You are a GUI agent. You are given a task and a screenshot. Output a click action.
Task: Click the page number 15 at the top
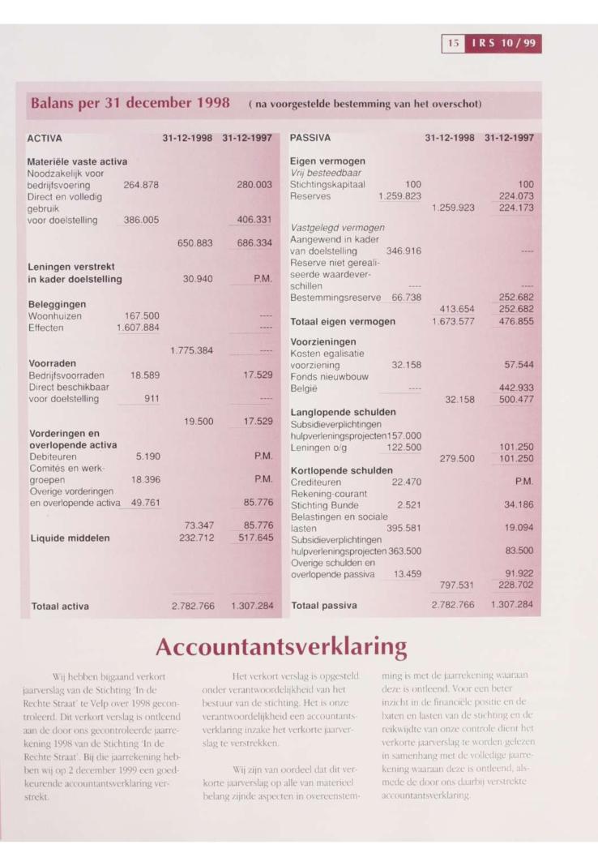tap(452, 42)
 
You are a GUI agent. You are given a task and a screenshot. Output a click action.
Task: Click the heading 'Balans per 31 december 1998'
tap(133, 104)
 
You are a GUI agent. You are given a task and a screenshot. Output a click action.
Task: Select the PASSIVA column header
tap(311, 139)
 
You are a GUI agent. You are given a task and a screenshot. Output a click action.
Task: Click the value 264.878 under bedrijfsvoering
tap(140, 185)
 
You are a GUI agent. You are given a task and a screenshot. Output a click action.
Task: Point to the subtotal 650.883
tap(195, 242)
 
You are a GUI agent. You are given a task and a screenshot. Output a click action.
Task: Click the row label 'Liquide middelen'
tap(70, 537)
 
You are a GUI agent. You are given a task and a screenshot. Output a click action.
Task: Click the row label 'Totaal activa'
tap(61, 605)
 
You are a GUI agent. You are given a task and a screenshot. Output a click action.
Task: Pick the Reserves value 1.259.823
tap(399, 195)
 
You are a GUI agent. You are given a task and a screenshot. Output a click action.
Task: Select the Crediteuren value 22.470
tap(408, 482)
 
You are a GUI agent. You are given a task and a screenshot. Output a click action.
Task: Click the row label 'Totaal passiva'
tap(325, 605)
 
